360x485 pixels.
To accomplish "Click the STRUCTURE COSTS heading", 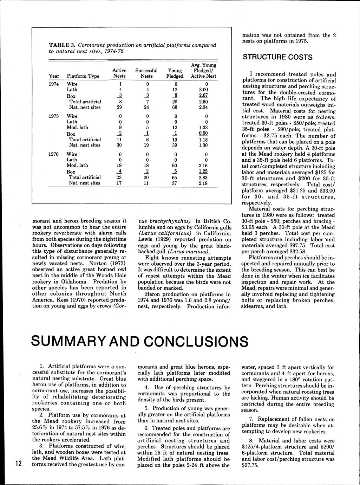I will (277, 57).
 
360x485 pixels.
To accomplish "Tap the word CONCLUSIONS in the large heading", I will (196, 341).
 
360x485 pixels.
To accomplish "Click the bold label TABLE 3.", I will (62, 45).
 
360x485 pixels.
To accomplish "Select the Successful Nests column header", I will (146, 73).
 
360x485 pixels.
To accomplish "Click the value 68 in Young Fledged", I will (175, 107).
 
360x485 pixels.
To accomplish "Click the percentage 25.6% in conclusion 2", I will (40, 427).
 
